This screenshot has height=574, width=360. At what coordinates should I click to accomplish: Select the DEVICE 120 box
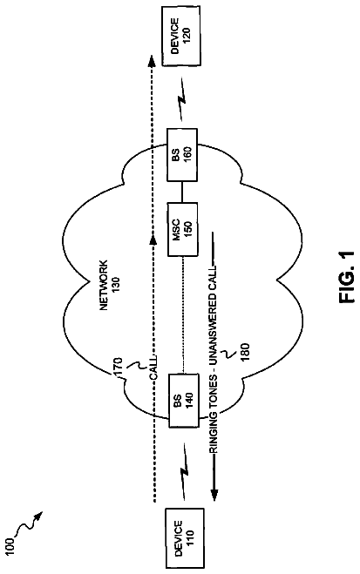pyautogui.click(x=181, y=37)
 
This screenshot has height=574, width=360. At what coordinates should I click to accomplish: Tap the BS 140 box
pyautogui.click(x=183, y=400)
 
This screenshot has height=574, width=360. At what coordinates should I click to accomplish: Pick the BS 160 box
pyautogui.click(x=182, y=154)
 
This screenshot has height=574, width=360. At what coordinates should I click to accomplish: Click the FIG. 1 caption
pyautogui.click(x=346, y=277)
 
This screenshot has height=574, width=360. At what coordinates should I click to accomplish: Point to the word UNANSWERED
pyautogui.click(x=214, y=328)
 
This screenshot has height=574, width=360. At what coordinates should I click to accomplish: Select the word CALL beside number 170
pyautogui.click(x=153, y=368)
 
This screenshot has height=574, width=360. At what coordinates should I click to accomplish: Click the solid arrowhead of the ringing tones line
pyautogui.click(x=214, y=495)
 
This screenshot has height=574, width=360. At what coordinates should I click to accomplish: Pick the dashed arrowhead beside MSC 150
pyautogui.click(x=153, y=240)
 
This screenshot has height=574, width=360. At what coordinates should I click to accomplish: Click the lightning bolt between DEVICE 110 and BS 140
pyautogui.click(x=183, y=470)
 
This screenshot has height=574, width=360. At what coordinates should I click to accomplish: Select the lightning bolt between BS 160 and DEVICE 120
pyautogui.click(x=182, y=98)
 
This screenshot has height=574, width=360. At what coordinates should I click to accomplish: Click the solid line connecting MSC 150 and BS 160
pyautogui.click(x=182, y=192)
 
